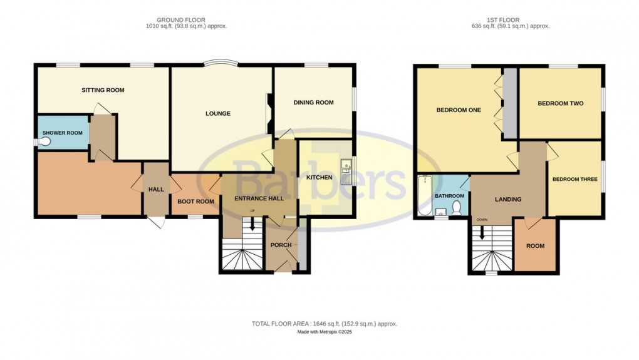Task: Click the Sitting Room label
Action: [103, 90]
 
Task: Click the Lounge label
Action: [218, 114]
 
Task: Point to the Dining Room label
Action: [313, 103]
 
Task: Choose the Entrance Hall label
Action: [259, 198]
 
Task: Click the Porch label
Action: [281, 245]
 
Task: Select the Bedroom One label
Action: [459, 110]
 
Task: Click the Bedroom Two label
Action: [560, 103]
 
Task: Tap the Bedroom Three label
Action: [574, 180]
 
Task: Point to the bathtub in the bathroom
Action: [424, 195]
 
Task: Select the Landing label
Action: [507, 200]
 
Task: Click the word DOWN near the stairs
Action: [482, 220]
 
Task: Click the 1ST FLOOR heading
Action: [510, 20]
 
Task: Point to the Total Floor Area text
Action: [323, 324]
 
